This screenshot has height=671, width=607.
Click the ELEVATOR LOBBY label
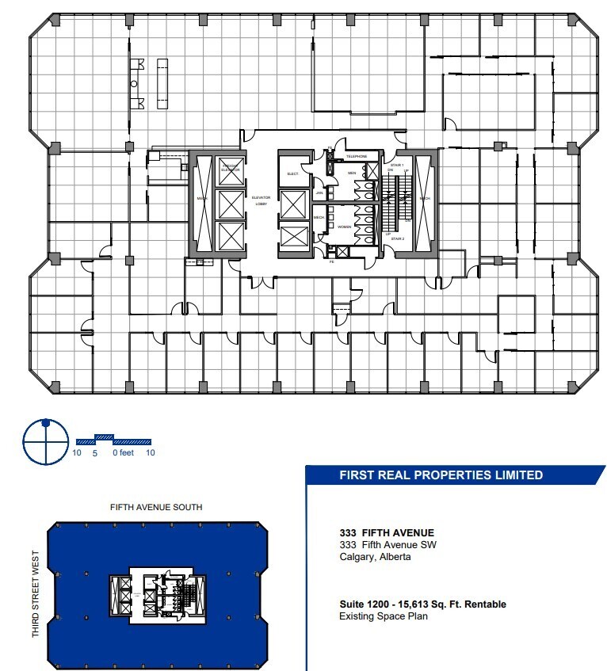click(x=262, y=202)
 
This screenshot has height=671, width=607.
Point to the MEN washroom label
click(x=352, y=173)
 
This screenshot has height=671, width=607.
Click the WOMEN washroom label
click(x=345, y=227)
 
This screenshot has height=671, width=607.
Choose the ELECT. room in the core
click(x=292, y=173)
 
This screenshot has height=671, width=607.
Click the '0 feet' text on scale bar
click(x=123, y=453)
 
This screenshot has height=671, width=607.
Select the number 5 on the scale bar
click(x=95, y=453)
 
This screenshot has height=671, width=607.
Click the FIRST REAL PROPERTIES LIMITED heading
click(x=441, y=475)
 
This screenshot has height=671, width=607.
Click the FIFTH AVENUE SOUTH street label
click(x=155, y=507)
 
